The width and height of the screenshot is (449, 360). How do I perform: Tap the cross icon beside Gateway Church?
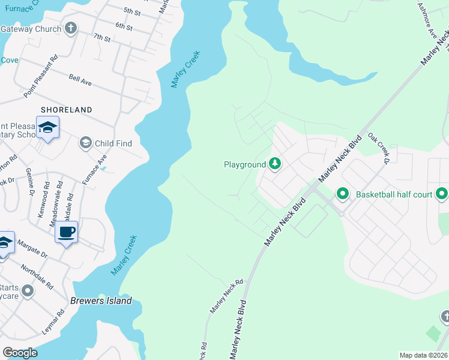tap(71, 28)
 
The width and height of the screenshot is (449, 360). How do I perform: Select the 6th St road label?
tap(124, 26)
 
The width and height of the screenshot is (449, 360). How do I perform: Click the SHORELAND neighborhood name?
tap(66, 110)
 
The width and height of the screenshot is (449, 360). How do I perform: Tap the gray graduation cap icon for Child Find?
tap(85, 143)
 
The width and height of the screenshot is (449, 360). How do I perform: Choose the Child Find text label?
tap(113, 143)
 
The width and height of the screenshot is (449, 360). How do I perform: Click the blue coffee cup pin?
tap(66, 232)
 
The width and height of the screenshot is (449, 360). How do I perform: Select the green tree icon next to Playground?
tap(275, 163)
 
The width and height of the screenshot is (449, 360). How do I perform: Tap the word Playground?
tap(244, 164)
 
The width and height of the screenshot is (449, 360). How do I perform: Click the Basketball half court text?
tap(393, 194)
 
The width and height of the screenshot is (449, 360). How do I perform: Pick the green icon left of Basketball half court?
tap(342, 194)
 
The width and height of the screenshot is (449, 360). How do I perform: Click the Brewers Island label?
tap(101, 301)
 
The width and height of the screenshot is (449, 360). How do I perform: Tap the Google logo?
tap(20, 353)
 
